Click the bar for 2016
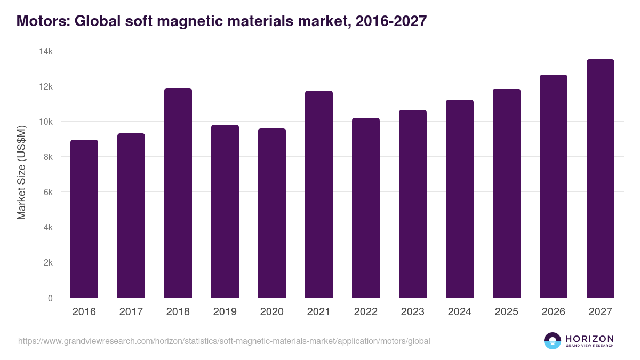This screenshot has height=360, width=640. click(x=84, y=219)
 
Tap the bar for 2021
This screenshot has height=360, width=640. click(x=319, y=194)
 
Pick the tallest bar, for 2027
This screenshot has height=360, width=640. click(x=601, y=179)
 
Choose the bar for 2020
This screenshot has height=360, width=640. click(x=272, y=213)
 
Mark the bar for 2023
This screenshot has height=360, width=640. click(x=413, y=204)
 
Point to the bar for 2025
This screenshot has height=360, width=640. click(x=507, y=193)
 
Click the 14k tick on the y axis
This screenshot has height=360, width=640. click(x=46, y=51)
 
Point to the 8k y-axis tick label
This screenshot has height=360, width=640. click(x=48, y=157)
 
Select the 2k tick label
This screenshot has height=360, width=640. click(x=48, y=263)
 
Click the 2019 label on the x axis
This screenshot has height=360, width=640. click(x=225, y=312)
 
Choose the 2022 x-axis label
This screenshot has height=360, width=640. click(x=366, y=312)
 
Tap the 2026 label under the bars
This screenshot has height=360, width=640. click(x=554, y=312)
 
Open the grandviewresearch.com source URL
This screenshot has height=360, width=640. click(x=224, y=341)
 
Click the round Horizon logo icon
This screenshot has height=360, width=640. click(x=553, y=341)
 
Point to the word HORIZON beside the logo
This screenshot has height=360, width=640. click(x=589, y=339)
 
